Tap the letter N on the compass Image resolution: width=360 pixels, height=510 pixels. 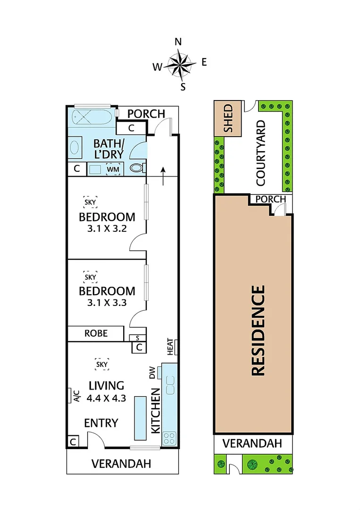178,42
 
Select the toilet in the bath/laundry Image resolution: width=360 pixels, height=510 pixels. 137,168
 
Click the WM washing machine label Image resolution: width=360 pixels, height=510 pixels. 112,169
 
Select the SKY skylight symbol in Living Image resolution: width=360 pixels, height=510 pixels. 102,364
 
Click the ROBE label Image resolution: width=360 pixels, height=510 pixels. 96,333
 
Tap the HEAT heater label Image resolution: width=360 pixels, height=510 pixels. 170,347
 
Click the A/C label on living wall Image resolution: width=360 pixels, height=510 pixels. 76,396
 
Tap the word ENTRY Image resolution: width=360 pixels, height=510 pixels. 101,423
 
